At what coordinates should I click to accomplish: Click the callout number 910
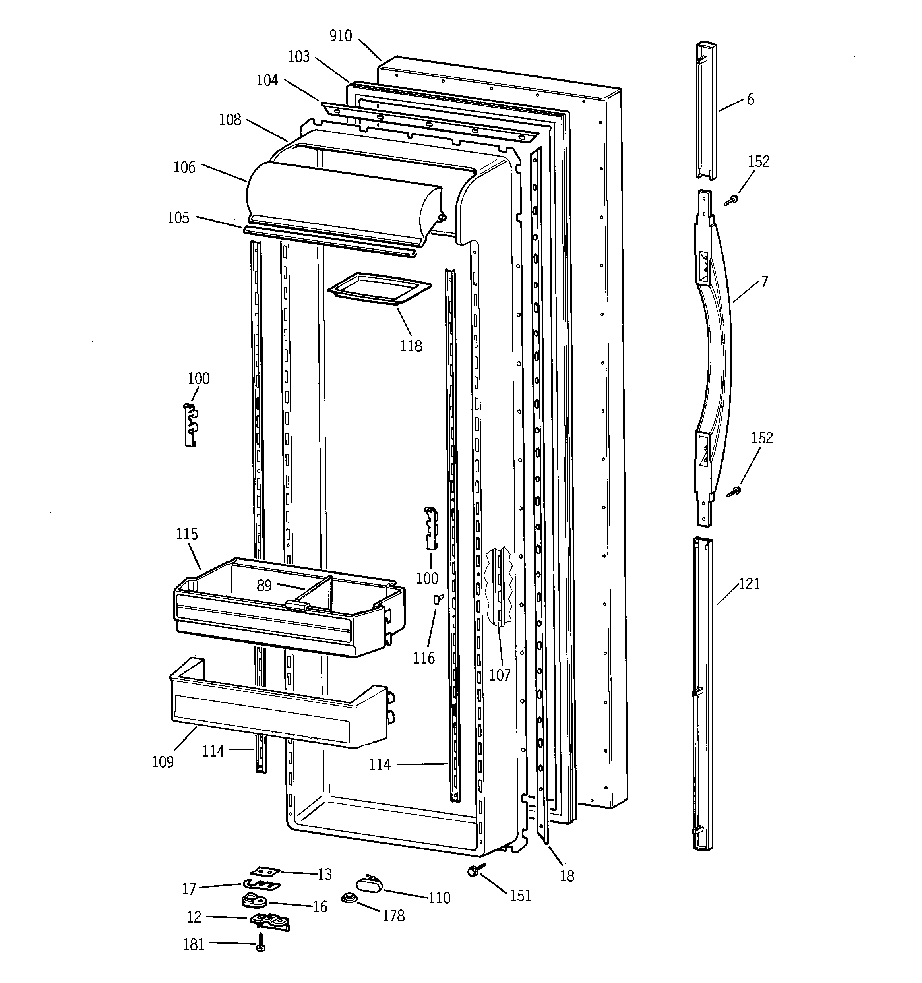(x=340, y=36)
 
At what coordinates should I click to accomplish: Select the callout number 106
(x=184, y=167)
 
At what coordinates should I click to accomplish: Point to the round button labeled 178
(x=350, y=898)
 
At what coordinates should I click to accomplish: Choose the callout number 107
(x=500, y=674)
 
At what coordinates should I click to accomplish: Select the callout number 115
(x=186, y=534)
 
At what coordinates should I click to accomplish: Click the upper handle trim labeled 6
(x=706, y=111)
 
